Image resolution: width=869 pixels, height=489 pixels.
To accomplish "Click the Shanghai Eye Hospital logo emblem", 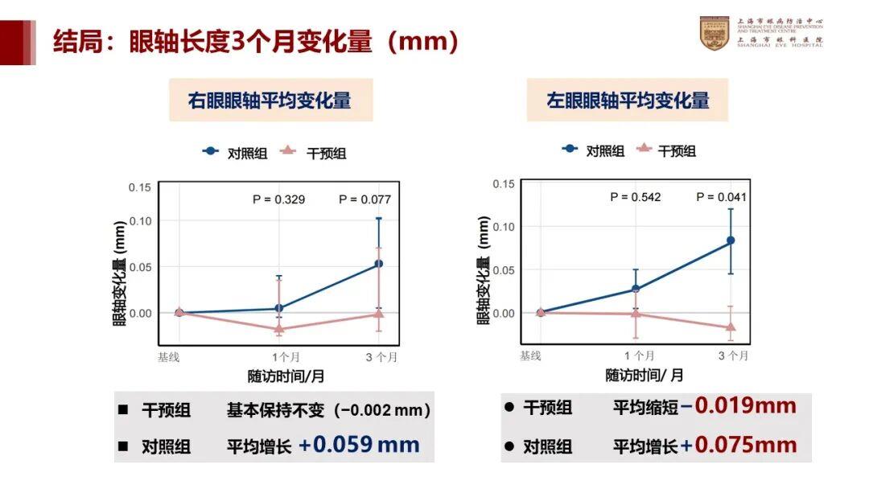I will pyautogui.click(x=715, y=33).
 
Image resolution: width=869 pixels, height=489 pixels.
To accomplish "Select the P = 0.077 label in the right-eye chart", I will pyautogui.click(x=364, y=199).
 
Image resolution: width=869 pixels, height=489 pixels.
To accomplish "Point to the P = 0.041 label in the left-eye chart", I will pyautogui.click(x=722, y=196).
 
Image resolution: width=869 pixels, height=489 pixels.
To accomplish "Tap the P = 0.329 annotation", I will pyautogui.click(x=278, y=199).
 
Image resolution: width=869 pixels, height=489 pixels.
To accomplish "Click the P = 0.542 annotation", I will pyautogui.click(x=636, y=196).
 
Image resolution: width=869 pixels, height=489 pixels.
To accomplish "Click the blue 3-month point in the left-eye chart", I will pyautogui.click(x=731, y=240).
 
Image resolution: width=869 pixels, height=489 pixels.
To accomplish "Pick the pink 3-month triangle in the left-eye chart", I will pyautogui.click(x=731, y=327).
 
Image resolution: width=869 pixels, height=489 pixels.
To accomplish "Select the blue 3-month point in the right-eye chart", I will pyautogui.click(x=379, y=263).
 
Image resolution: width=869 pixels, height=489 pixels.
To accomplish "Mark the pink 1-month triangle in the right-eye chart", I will pyautogui.click(x=279, y=328).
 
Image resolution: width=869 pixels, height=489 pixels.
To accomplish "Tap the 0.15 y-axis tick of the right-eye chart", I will pyautogui.click(x=140, y=187).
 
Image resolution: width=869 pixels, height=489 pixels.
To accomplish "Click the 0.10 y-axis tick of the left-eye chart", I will pyautogui.click(x=503, y=226).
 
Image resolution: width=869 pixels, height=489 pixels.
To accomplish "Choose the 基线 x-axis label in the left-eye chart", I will pyautogui.click(x=530, y=355).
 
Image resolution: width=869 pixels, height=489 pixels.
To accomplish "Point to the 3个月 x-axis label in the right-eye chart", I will pyautogui.click(x=378, y=356).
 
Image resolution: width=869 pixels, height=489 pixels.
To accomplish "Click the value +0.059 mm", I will pyautogui.click(x=359, y=444).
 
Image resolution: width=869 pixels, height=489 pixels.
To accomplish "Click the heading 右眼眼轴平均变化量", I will pyautogui.click(x=270, y=101).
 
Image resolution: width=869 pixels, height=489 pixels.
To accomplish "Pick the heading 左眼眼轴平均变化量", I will pyautogui.click(x=628, y=101).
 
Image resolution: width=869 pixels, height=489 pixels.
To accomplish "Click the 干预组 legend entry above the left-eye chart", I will pyautogui.click(x=668, y=150).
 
